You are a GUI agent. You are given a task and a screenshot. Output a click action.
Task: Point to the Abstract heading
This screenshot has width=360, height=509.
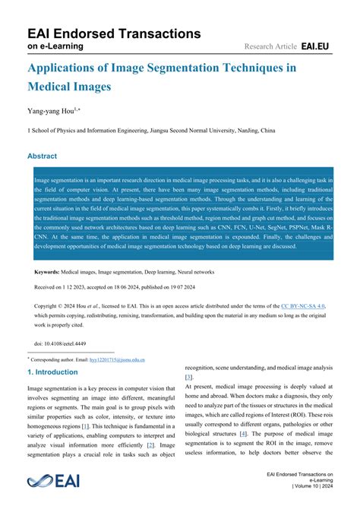coord(43,156)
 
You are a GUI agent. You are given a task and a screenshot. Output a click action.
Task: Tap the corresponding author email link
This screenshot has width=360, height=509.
coord(118,359)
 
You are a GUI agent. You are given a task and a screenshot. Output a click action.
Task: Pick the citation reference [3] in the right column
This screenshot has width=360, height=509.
coord(189,377)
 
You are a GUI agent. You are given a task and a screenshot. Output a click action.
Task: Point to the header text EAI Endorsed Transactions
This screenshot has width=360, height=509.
coord(114,33)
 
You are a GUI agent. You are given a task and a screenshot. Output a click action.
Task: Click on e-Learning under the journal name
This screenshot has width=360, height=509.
coord(56,46)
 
